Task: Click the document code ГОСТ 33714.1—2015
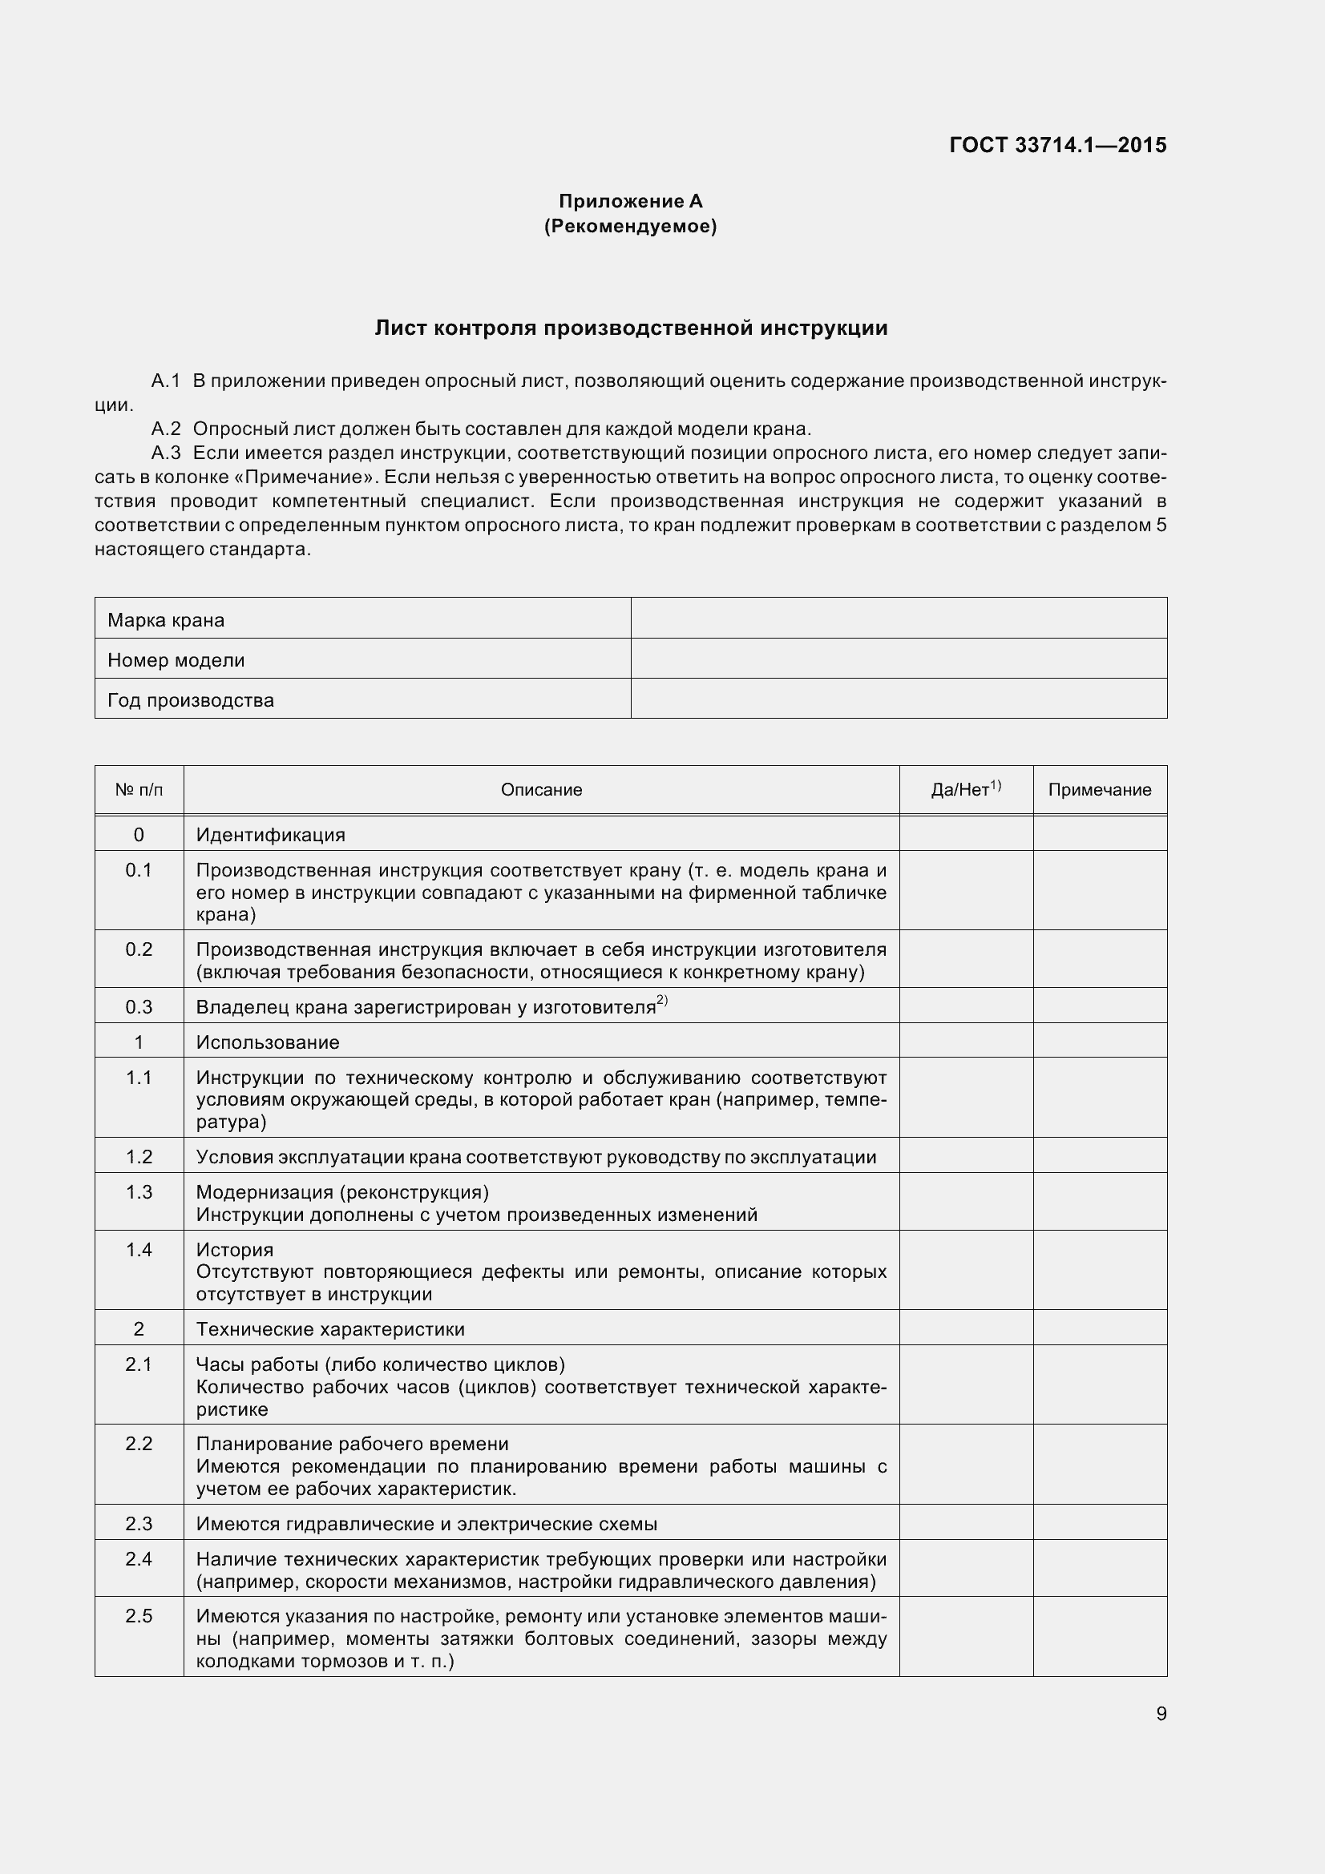[1058, 145]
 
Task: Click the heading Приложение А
[630, 201]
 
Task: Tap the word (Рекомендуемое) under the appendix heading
[630, 226]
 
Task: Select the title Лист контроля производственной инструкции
[630, 328]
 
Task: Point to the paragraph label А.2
[166, 429]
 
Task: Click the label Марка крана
[167, 620]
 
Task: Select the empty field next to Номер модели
[898, 659]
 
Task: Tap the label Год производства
[191, 700]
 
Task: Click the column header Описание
[541, 789]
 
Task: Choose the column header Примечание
[1100, 789]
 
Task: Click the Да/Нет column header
[965, 789]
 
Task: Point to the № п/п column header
[139, 789]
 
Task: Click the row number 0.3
[139, 1007]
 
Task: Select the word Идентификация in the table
[270, 835]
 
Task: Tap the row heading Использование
[268, 1042]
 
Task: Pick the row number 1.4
[139, 1250]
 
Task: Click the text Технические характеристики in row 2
[329, 1328]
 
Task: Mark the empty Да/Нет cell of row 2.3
[965, 1524]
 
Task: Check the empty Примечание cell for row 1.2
[1100, 1157]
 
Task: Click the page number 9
[1161, 1713]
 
